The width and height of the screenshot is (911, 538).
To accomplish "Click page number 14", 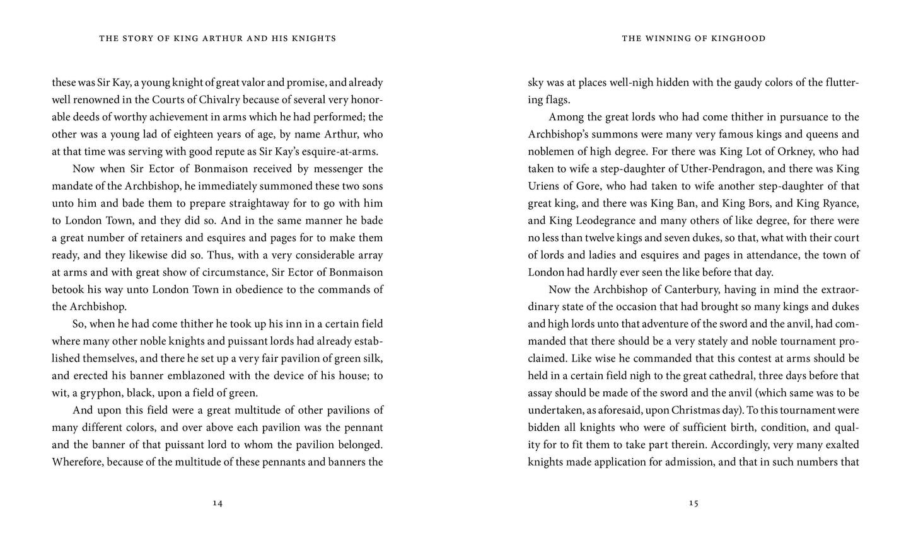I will (x=218, y=503).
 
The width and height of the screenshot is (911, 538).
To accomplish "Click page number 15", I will (x=693, y=503).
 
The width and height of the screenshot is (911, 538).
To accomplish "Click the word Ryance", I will (x=840, y=203).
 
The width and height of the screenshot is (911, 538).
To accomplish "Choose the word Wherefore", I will (x=78, y=462).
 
